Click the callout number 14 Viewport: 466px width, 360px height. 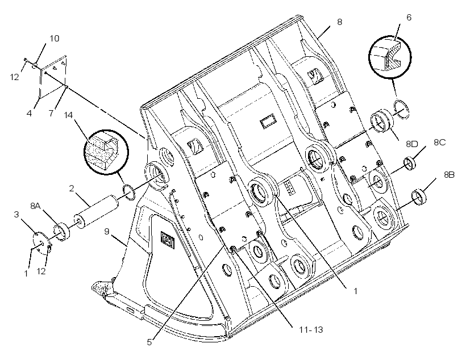[x=68, y=115]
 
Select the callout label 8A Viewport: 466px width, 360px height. [x=35, y=206]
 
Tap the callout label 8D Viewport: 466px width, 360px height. [x=412, y=144]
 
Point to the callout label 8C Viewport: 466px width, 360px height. [x=439, y=143]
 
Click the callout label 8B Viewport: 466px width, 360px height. [x=449, y=175]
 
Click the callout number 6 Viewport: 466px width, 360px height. [x=409, y=18]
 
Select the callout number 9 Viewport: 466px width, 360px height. [x=107, y=231]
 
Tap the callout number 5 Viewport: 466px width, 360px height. [x=149, y=342]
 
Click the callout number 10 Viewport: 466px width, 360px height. [x=55, y=38]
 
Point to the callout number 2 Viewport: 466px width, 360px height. [x=72, y=189]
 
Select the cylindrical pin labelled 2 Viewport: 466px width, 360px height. [x=97, y=211]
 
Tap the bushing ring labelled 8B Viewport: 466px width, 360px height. [x=419, y=196]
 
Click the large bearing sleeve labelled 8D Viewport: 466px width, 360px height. [x=382, y=122]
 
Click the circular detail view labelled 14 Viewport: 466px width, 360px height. [x=106, y=152]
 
